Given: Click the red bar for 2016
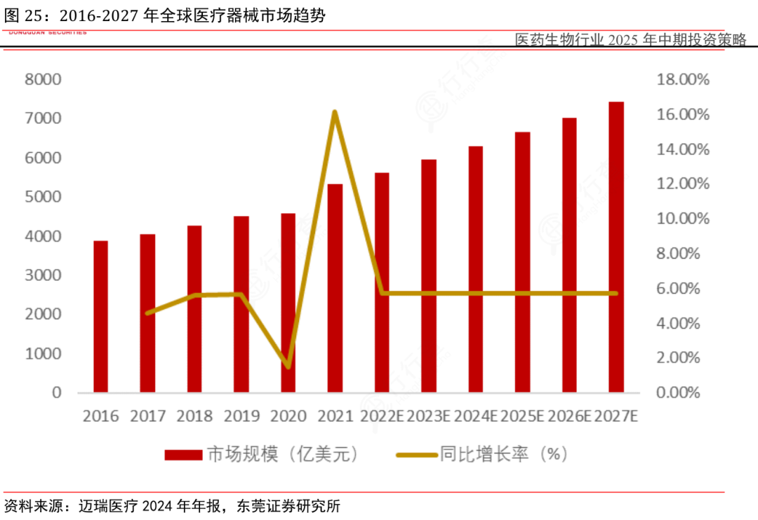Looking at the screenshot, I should tap(100, 317).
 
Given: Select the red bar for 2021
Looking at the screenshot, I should tap(335, 288).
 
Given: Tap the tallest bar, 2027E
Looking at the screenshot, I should tap(616, 247).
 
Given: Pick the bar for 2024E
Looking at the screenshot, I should tap(475, 269).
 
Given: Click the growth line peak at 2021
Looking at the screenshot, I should tap(335, 112).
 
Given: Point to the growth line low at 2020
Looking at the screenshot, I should tap(288, 367).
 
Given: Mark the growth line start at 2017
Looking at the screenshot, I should tap(147, 313).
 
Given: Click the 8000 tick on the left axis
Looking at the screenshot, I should tap(43, 79).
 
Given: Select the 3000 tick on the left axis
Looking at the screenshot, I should tap(43, 275).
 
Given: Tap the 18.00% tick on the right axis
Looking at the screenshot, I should tap(683, 79).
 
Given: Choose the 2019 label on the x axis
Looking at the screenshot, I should tap(241, 416).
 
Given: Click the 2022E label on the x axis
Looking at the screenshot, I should tap(382, 416).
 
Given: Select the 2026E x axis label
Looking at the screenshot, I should tap(569, 416).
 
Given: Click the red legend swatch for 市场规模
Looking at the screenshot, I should tap(183, 455).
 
